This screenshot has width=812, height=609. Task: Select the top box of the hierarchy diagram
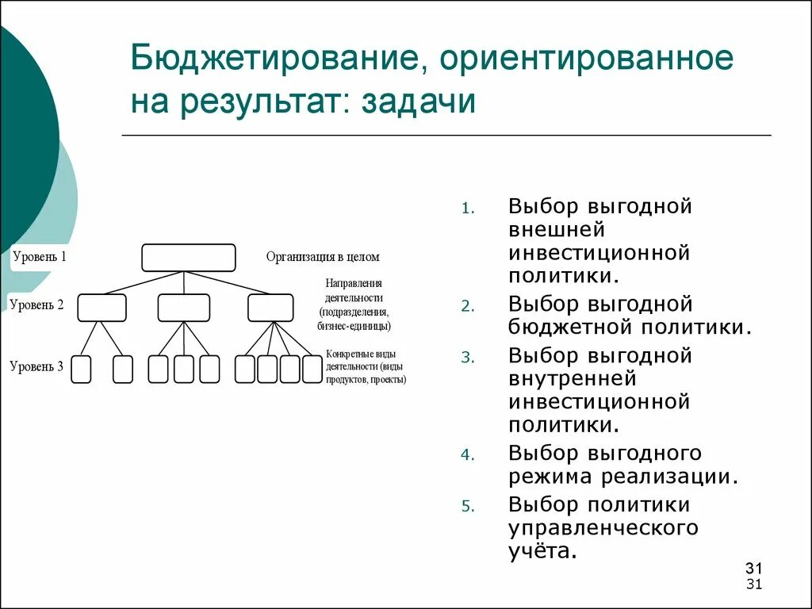point(189,258)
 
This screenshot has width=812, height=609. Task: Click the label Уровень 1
point(40,257)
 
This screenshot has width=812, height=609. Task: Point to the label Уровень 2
point(36,304)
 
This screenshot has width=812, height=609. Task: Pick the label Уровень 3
point(36,366)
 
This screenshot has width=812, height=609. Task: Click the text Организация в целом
point(323,257)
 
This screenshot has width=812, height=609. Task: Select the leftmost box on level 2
point(101,308)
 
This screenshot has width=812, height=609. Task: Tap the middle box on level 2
point(184,308)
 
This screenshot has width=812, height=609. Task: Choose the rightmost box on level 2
point(270,308)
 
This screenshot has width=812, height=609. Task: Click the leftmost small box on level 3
point(81,370)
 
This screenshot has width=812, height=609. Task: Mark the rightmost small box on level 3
point(313,370)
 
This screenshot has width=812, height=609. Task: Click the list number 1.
point(467,209)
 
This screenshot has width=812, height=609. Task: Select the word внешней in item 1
point(557,230)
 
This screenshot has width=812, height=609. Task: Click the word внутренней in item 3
point(573,379)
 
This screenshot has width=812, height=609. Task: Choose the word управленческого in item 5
point(603,527)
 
